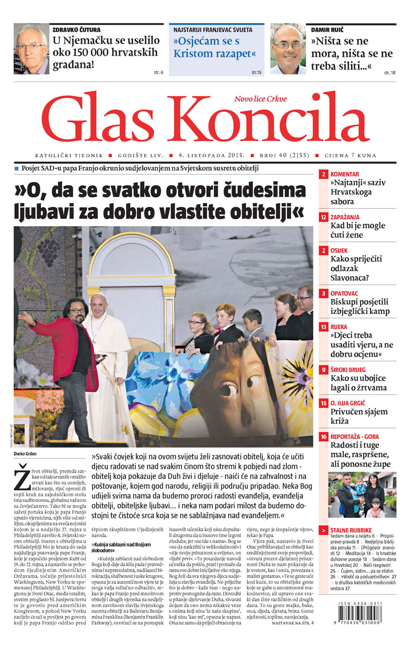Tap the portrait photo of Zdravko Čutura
click(31, 49)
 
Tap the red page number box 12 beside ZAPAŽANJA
click(324, 216)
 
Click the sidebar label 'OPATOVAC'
click(345, 293)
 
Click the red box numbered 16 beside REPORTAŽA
click(324, 437)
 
